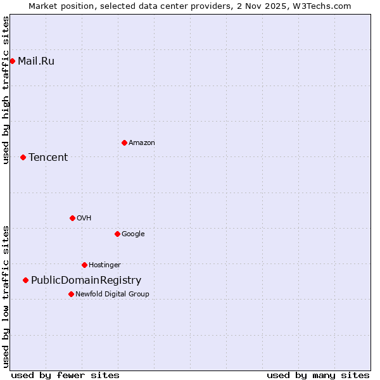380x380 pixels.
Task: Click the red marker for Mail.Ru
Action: [x=12, y=61]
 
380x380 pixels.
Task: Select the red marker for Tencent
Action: [x=23, y=157]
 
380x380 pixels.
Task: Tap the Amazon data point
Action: [x=124, y=142]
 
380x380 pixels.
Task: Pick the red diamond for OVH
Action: [x=72, y=218]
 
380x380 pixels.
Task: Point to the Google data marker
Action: [x=117, y=234]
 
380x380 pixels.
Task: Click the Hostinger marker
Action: [x=84, y=265]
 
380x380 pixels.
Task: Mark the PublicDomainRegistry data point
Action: [x=25, y=280]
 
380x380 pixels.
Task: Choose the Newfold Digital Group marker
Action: [x=71, y=294]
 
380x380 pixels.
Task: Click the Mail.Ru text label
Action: [x=36, y=61]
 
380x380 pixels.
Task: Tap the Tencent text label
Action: [x=48, y=158]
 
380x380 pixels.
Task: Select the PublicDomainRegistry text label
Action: [x=86, y=281]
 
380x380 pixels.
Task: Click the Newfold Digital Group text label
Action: [x=112, y=294]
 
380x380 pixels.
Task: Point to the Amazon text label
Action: [x=142, y=143]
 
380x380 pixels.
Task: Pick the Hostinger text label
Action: [x=104, y=265]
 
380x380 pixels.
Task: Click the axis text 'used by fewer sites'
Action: [x=65, y=375]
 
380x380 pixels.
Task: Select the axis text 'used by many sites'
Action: [x=318, y=375]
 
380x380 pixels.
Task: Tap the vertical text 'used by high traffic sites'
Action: [x=6, y=90]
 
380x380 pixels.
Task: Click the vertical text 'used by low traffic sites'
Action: [x=6, y=296]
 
